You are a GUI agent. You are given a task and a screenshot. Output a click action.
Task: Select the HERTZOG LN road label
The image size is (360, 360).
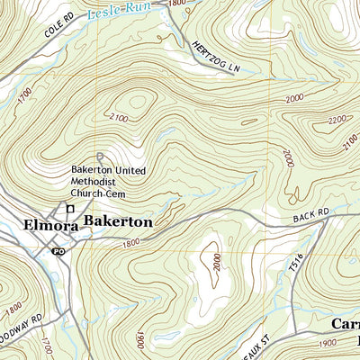point(212,60)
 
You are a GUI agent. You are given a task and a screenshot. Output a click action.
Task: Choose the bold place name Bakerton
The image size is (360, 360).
point(118,220)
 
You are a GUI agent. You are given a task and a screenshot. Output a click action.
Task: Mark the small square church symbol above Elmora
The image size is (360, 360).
point(64,208)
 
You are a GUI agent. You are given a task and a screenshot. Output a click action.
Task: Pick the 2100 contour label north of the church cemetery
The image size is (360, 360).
point(117,118)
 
